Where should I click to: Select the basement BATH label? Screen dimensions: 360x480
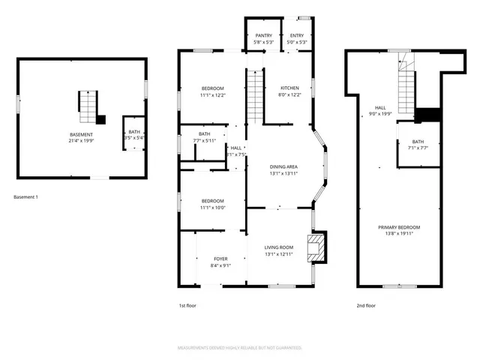(x=134, y=131)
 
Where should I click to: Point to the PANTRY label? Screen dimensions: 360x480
(x=263, y=35)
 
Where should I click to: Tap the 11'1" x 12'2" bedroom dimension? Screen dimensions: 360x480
(x=213, y=95)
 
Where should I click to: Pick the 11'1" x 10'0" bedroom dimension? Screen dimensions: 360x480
(x=213, y=208)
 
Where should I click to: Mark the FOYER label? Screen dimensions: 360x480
(x=220, y=259)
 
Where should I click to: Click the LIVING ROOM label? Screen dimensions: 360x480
(x=279, y=247)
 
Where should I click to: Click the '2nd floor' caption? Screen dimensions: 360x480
(x=365, y=305)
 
